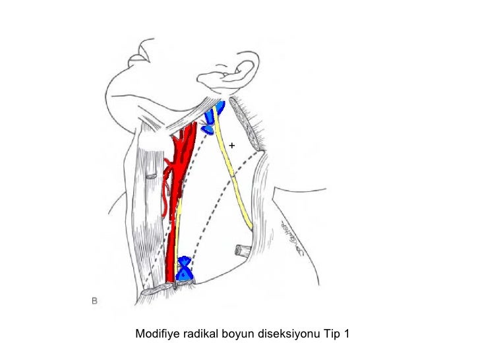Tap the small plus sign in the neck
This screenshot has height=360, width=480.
(232, 144)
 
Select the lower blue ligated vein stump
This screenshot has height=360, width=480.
(185, 268)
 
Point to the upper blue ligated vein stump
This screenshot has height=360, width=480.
(212, 117)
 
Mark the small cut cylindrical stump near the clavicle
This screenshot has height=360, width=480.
(242, 250)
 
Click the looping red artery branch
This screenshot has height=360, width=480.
(165, 191)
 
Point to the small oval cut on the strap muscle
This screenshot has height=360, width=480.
(152, 176)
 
